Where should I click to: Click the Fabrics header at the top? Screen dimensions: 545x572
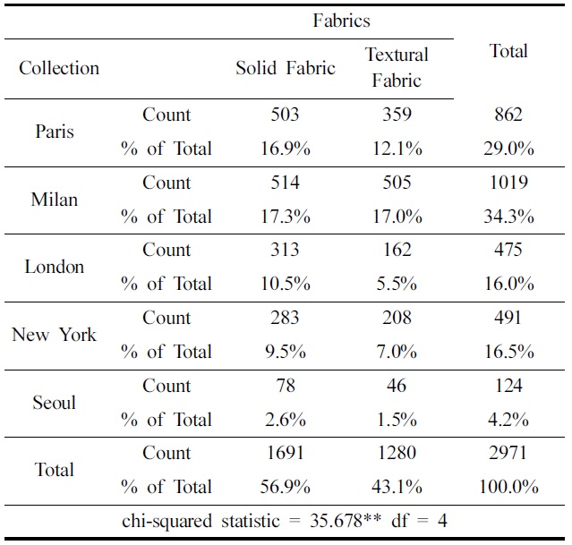[341, 21]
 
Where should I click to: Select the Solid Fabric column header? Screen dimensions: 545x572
[286, 69]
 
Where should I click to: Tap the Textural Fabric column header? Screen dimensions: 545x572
[397, 68]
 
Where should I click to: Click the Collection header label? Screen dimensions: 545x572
[59, 69]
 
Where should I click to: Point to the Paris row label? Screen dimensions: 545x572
[55, 132]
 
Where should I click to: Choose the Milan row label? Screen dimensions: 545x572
[55, 200]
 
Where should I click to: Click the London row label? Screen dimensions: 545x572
[55, 267]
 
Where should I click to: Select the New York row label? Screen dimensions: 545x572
[54, 335]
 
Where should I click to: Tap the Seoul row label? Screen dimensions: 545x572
[55, 403]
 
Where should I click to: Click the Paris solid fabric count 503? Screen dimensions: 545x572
[286, 115]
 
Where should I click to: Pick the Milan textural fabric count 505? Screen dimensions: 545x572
[397, 183]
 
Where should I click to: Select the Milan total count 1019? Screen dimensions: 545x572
[508, 183]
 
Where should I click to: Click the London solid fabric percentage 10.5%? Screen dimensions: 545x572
[286, 284]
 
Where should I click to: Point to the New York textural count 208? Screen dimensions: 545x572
[397, 318]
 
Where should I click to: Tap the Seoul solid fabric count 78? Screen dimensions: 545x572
[286, 386]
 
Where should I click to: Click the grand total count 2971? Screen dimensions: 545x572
[508, 453]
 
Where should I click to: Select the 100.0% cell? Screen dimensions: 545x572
[508, 487]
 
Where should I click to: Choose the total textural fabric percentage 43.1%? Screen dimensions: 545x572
[397, 487]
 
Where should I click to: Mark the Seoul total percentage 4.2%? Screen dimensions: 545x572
[508, 420]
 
